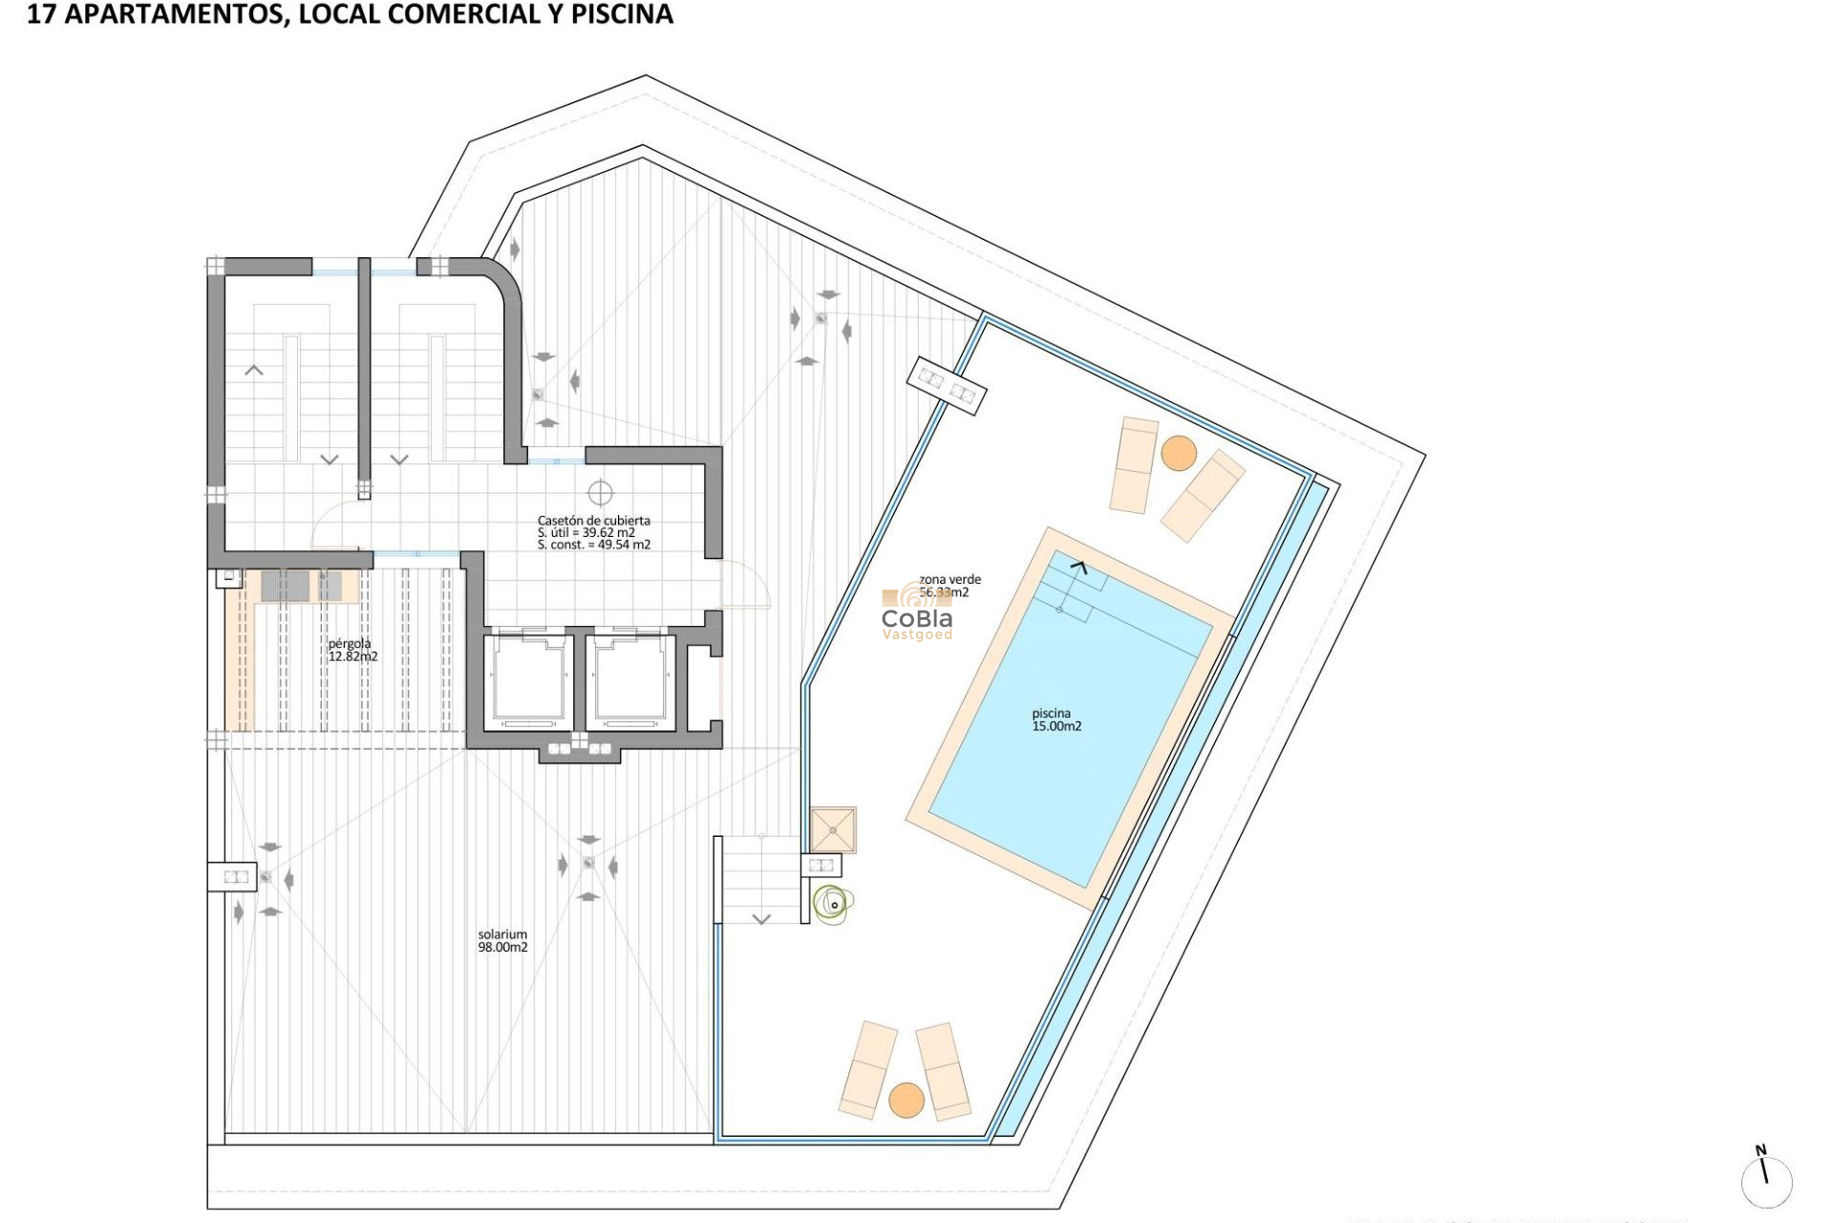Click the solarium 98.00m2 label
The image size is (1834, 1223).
[502, 941]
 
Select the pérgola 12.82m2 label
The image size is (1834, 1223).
[352, 650]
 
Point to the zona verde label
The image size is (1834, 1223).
[949, 580]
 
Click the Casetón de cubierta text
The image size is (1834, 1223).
[593, 521]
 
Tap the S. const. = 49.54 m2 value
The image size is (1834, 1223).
[593, 545]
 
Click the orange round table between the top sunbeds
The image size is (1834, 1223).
[1179, 453]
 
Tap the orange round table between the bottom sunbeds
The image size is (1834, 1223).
[906, 1100]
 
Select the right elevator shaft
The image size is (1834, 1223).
[629, 681]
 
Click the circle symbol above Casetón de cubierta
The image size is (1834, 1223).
[600, 493]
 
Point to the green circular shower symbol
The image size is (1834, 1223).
[833, 903]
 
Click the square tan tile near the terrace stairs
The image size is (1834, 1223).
[833, 828]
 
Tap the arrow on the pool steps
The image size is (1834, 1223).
[1078, 568]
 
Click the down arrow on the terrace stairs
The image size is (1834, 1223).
[761, 919]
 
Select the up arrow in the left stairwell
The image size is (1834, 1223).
[254, 370]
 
